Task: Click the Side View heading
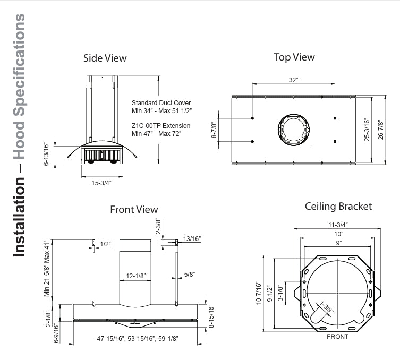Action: tap(105, 58)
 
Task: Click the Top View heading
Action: tap(294, 57)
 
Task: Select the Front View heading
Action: tap(134, 209)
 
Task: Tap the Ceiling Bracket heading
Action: tap(338, 206)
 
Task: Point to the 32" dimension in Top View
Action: tap(293, 80)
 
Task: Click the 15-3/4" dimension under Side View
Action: tap(100, 183)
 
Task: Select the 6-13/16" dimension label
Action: tap(46, 155)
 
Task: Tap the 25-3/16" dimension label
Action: tap(366, 130)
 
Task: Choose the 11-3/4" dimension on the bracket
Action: tap(338, 224)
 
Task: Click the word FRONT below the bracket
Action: tap(337, 337)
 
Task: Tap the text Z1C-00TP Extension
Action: tap(160, 125)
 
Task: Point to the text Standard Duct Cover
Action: tap(161, 102)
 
